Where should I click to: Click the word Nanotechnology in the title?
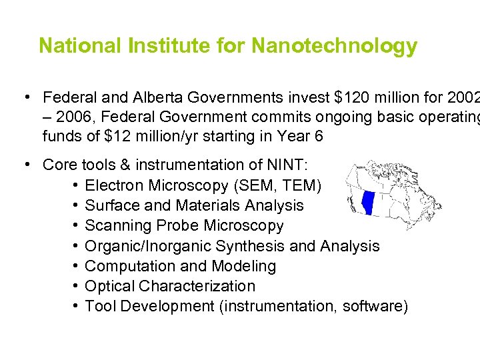click(334, 46)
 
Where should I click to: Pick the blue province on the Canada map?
click(367, 201)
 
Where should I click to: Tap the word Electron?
click(113, 185)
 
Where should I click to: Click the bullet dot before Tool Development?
click(78, 306)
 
